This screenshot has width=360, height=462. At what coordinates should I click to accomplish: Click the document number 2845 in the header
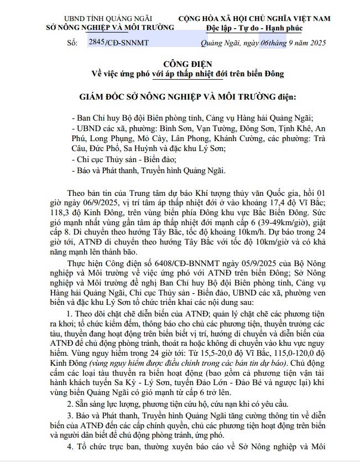coord(96,41)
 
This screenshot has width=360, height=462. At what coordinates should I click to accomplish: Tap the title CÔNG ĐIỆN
coord(180,64)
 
